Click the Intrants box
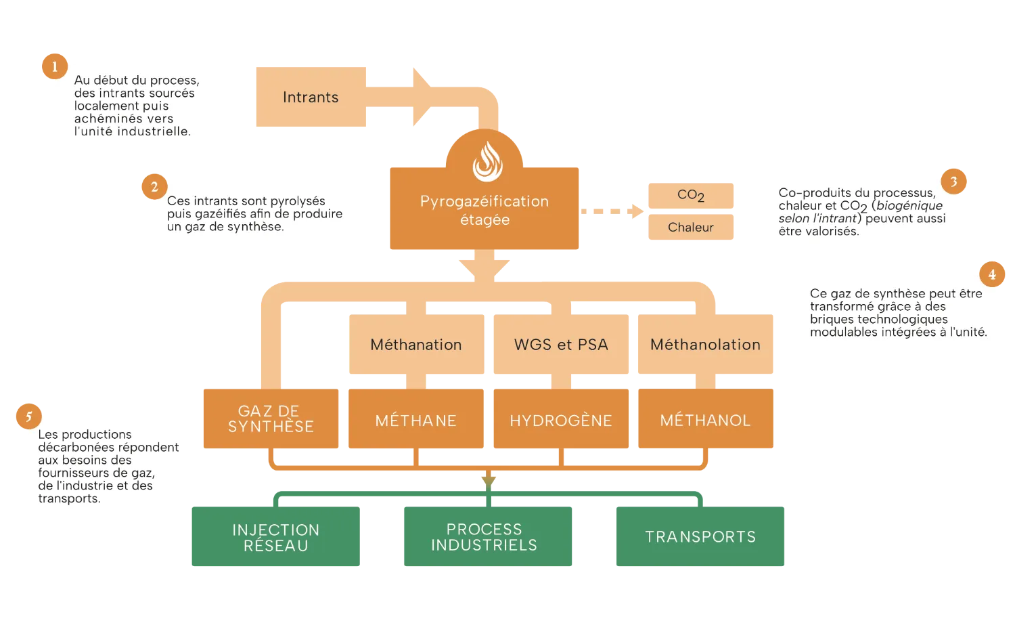311,97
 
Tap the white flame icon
488,161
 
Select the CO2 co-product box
691,196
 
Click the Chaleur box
691,227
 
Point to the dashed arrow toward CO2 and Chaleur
612,211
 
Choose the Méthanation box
416,344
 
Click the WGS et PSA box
561,344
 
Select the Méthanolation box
706,344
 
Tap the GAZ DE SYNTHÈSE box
271,419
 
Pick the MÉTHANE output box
416,419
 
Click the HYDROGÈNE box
561,419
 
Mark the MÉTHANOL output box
706,419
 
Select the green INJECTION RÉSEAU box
276,536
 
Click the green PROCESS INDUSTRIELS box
488,536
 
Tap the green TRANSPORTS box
700,536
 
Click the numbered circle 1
55,66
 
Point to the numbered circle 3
953,181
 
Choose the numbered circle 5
29,416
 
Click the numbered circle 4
992,274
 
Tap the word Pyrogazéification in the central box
484,201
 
